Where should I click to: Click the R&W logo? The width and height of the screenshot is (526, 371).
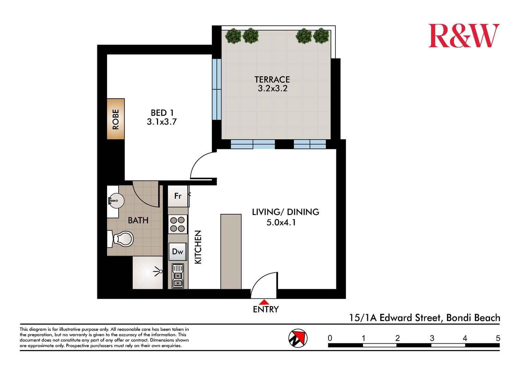tap(464, 36)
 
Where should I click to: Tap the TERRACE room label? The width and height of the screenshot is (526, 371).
tap(272, 79)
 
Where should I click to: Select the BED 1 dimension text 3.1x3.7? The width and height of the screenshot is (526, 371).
tap(162, 122)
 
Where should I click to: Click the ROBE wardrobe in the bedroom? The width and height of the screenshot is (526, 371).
tap(116, 119)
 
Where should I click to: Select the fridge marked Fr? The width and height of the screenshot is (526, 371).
tap(178, 196)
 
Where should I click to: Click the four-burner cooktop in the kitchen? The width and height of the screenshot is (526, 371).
tap(178, 224)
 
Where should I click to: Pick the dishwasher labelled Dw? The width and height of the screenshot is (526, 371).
tap(178, 252)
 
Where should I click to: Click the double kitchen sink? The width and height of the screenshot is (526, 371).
tap(178, 276)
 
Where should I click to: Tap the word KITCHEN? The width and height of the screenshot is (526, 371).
tap(198, 247)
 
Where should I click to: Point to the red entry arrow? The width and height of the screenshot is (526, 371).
tap(264, 302)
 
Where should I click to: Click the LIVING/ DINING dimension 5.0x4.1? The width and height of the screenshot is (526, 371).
tap(281, 223)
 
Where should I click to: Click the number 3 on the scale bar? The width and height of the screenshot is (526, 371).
tap(432, 338)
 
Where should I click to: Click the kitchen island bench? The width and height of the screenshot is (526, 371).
tap(231, 252)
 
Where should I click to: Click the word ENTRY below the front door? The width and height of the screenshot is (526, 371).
tap(266, 309)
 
